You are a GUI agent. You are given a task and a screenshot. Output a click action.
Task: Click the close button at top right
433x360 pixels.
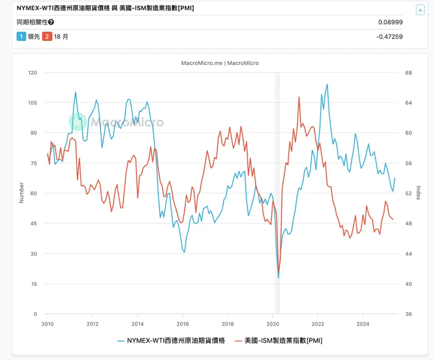point(420,10)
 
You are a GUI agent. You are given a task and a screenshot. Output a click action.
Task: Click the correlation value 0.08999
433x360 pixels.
point(390,22)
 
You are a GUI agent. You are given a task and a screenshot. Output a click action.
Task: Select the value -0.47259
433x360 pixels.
point(389,36)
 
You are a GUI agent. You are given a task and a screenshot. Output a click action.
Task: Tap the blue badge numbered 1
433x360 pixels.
point(21,36)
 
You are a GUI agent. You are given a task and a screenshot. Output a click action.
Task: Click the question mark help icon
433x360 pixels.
point(51,22)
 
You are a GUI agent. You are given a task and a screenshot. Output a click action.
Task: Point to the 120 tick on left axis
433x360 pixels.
point(32,73)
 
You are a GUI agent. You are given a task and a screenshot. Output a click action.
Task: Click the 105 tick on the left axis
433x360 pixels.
point(32,103)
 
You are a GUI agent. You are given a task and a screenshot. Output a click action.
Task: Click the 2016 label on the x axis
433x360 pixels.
point(183,323)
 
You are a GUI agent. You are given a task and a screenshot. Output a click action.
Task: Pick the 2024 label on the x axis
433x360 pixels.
point(363,323)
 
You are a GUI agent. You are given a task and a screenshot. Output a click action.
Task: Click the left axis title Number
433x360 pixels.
point(22,193)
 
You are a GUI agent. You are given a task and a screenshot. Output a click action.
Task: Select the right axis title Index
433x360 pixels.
point(418,193)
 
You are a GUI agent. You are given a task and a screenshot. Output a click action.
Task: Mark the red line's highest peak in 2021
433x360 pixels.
point(299,97)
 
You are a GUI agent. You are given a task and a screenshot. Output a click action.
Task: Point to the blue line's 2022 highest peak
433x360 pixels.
point(327,84)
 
